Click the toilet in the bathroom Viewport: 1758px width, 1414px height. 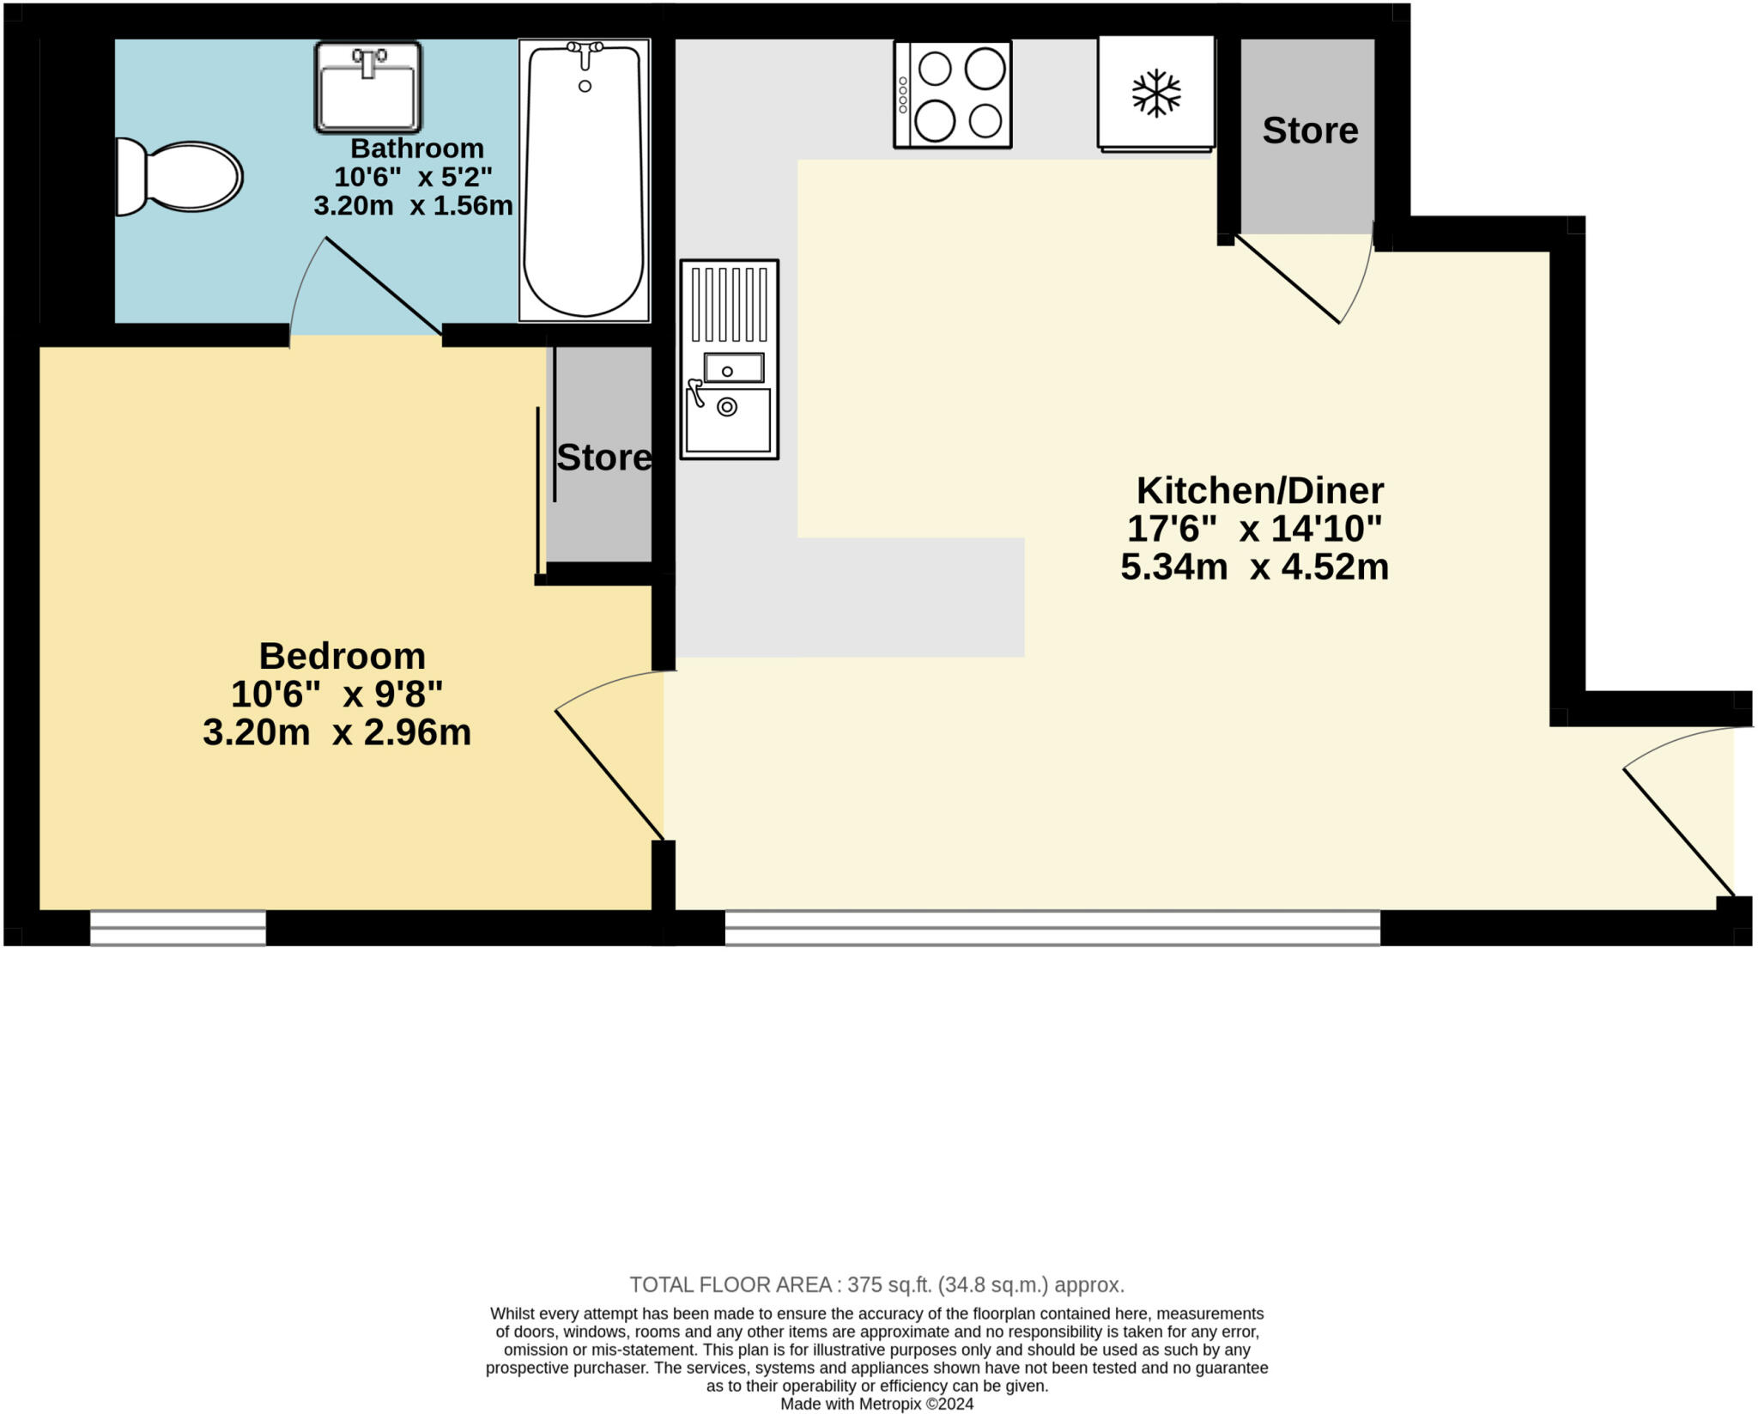(x=180, y=177)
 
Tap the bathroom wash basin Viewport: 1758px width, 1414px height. (x=367, y=88)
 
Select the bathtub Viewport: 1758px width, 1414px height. (x=584, y=180)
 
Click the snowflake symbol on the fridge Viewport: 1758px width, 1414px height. (x=1156, y=93)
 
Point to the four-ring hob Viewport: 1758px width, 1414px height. (x=953, y=94)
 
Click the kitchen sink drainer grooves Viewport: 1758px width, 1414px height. (x=730, y=305)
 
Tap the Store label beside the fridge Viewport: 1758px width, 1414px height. (x=1310, y=130)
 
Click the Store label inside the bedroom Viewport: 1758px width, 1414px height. (x=603, y=458)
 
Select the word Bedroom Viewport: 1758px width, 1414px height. (x=342, y=656)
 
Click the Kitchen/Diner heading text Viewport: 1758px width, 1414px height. (x=1259, y=490)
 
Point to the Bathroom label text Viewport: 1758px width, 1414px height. (x=417, y=149)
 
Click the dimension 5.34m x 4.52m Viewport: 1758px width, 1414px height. (x=1254, y=567)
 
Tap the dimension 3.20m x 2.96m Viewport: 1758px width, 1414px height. (x=336, y=732)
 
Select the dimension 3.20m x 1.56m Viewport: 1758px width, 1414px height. (x=413, y=206)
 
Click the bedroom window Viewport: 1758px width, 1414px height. (x=178, y=928)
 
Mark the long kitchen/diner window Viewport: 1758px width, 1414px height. (x=1052, y=928)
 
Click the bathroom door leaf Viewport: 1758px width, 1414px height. (x=384, y=286)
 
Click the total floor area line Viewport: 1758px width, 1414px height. (x=876, y=1285)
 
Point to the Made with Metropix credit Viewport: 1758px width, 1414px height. (x=876, y=1405)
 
